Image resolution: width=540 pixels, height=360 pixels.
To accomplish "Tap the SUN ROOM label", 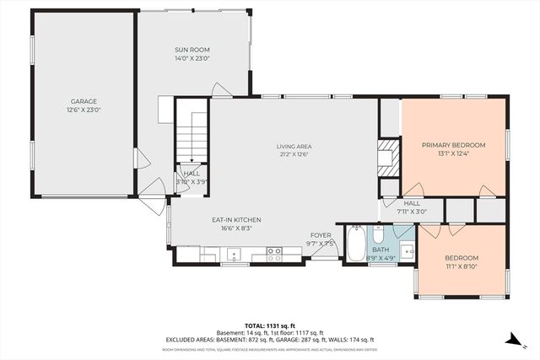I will pyautogui.click(x=192, y=51).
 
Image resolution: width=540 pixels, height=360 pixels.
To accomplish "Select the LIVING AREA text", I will pyautogui.click(x=294, y=146).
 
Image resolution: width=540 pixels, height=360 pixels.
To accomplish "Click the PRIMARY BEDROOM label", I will pyautogui.click(x=456, y=144).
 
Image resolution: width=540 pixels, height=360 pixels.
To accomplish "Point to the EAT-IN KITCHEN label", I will pyautogui.click(x=236, y=219).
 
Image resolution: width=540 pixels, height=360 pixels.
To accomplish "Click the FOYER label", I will pyautogui.click(x=321, y=235).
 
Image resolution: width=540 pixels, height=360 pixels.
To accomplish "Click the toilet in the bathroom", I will pyautogui.click(x=379, y=232).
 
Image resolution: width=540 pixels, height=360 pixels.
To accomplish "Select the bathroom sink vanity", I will pyautogui.click(x=406, y=250).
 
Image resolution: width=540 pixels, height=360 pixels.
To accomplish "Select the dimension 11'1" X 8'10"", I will pyautogui.click(x=462, y=267).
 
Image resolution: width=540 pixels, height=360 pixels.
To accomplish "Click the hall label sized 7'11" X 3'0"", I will pyautogui.click(x=412, y=203).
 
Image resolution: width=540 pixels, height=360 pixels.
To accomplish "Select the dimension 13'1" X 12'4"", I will pyautogui.click(x=456, y=153).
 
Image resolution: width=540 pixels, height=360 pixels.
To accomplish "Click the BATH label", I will pyautogui.click(x=381, y=250).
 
